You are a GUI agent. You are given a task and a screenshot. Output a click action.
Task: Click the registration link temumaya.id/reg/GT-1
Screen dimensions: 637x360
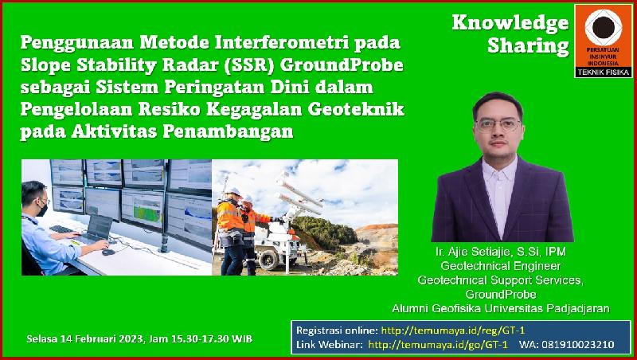(453, 331)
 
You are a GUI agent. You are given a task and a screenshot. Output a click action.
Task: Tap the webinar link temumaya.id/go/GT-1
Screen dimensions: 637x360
(438, 345)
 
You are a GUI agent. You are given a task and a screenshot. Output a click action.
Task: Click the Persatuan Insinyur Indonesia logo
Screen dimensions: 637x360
(604, 41)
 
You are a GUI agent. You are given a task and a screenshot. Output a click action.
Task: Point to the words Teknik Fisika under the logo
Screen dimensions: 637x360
(604, 72)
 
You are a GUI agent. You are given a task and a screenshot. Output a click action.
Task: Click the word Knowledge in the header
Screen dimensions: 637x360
(510, 23)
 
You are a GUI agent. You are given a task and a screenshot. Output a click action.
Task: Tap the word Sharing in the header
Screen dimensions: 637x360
(528, 46)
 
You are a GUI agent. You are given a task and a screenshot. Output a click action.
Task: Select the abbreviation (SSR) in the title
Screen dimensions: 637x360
(255, 65)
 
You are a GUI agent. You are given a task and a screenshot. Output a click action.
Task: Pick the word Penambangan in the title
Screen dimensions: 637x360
(228, 131)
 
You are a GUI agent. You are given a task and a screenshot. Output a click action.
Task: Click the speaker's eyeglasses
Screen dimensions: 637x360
(498, 124)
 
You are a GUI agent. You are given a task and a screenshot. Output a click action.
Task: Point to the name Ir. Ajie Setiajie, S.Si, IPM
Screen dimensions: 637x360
(501, 252)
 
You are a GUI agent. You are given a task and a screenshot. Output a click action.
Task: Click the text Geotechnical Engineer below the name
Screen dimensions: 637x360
(501, 266)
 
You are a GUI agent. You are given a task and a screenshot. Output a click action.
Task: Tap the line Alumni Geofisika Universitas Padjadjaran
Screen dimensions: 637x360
(501, 308)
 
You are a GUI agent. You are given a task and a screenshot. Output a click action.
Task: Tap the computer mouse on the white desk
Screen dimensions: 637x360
(108, 252)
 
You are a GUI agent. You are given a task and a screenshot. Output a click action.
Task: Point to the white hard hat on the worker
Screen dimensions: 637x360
(233, 192)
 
